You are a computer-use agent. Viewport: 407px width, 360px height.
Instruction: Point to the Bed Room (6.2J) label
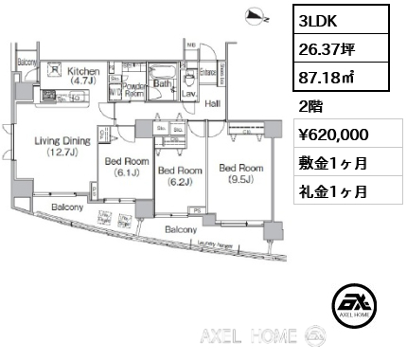(179, 175)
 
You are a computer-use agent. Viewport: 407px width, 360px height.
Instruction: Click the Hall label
(213, 104)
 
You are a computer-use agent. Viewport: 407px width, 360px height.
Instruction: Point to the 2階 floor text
(310, 106)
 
